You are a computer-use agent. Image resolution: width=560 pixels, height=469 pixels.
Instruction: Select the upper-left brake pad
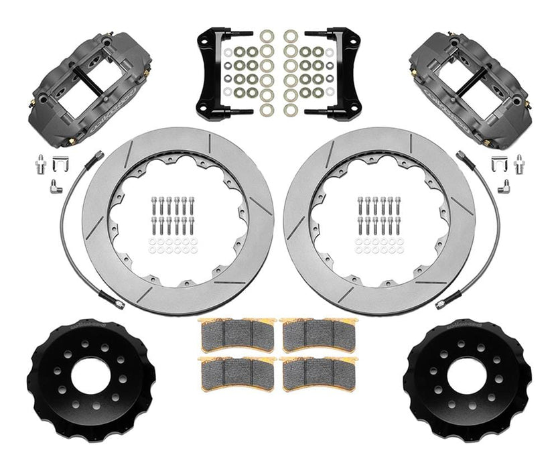pyautogui.click(x=238, y=333)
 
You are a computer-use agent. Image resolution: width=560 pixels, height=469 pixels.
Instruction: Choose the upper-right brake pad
pyautogui.click(x=321, y=333)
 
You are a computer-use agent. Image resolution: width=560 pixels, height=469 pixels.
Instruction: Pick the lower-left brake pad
pyautogui.click(x=238, y=373)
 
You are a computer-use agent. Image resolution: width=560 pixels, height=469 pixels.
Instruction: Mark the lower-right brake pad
pyautogui.click(x=321, y=373)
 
